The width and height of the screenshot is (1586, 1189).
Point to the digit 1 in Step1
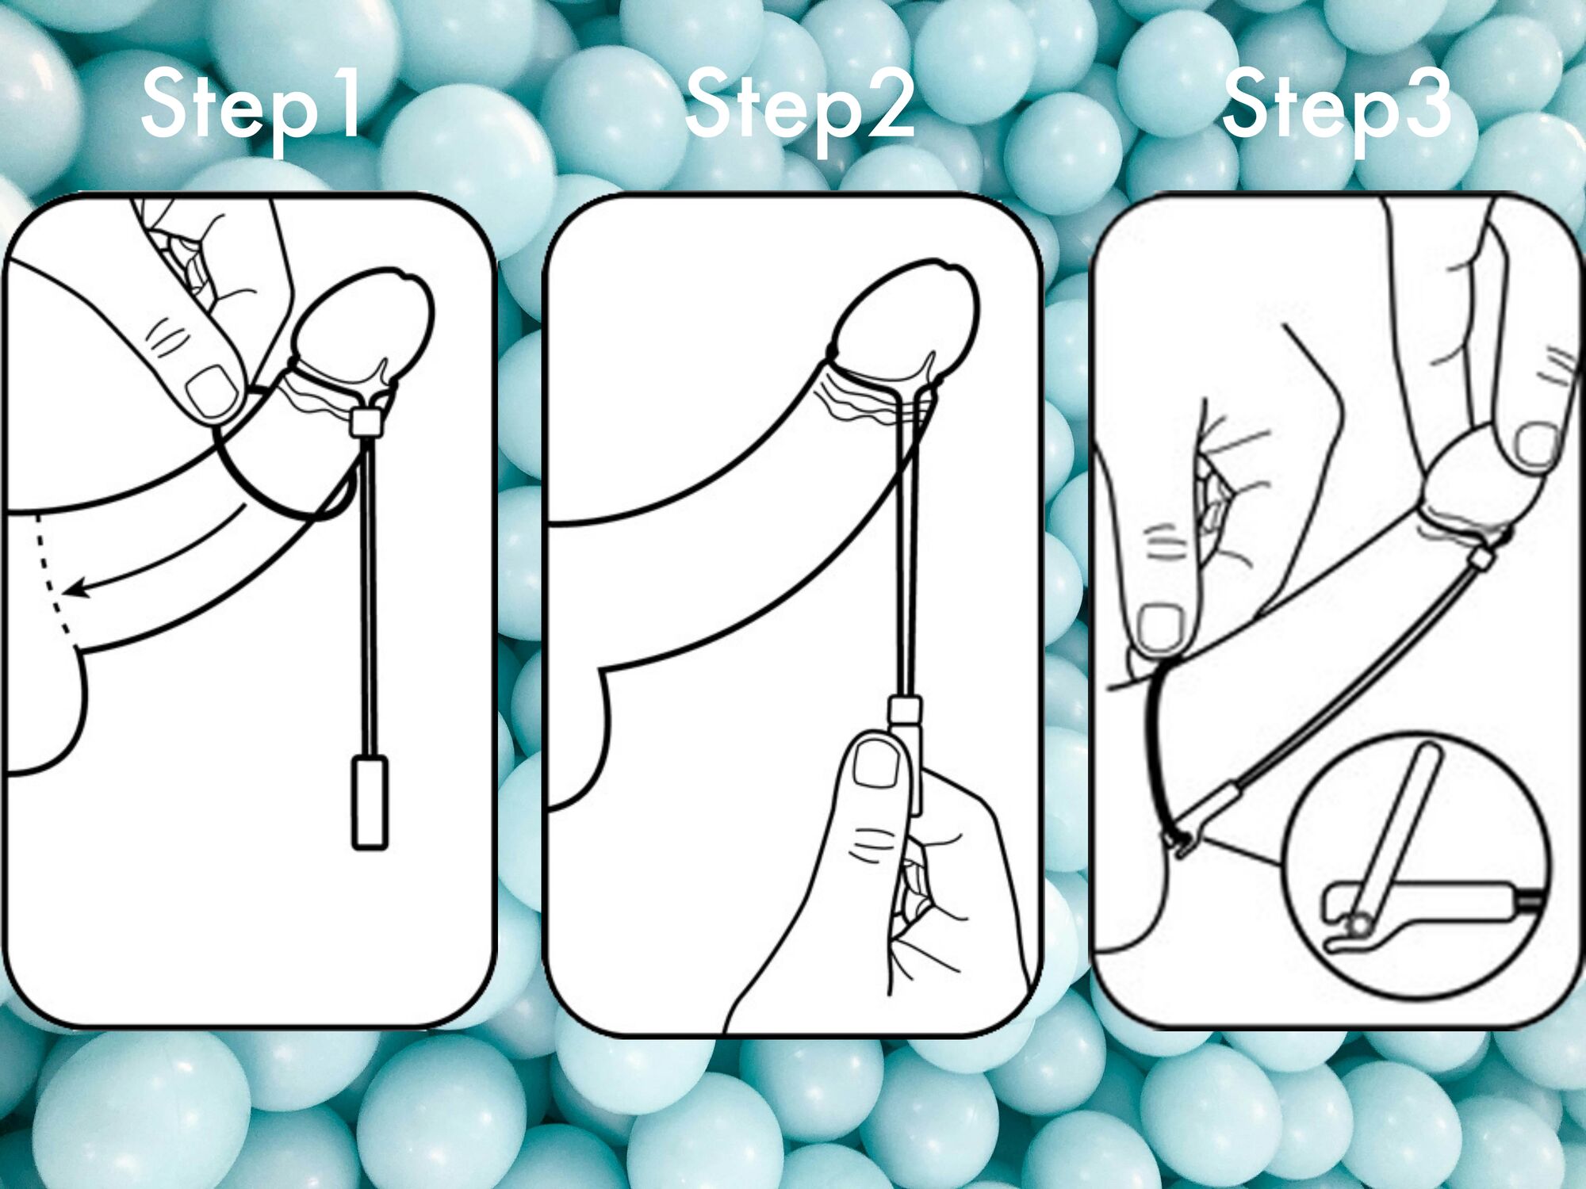[346, 101]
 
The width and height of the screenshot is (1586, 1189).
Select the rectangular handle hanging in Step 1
[370, 803]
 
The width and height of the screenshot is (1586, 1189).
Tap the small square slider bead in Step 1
[365, 422]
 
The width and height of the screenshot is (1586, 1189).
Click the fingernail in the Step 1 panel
[212, 392]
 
